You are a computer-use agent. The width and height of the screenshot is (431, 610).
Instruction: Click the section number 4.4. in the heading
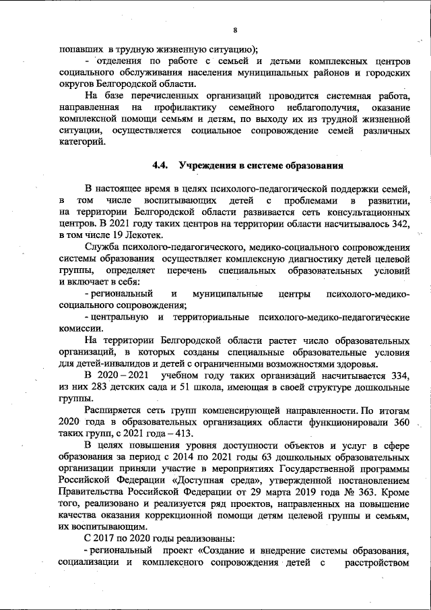(x=162, y=165)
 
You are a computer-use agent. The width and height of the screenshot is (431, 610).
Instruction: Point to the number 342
(x=400, y=223)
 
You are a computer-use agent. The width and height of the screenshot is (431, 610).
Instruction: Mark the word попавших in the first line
(x=77, y=50)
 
